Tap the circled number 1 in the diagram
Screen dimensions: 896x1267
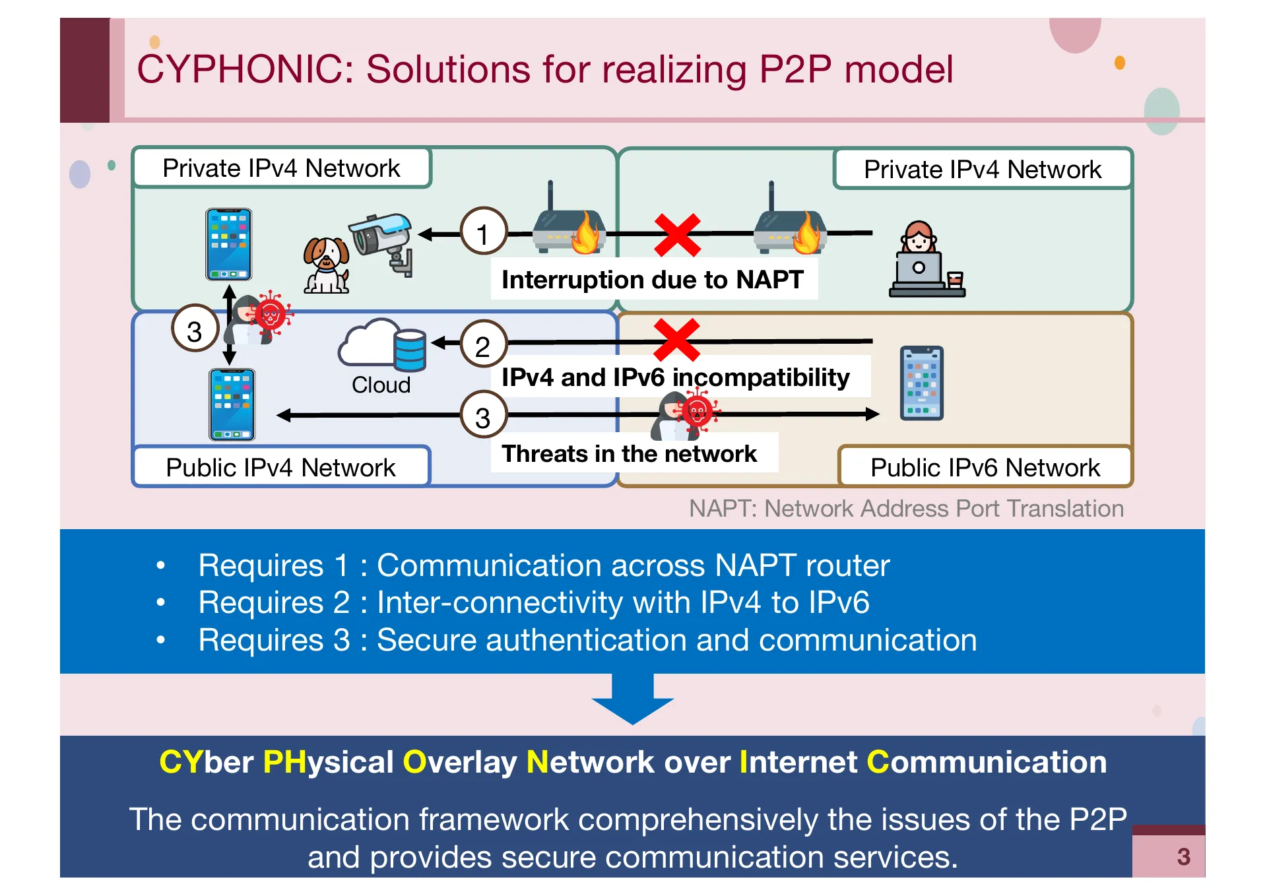tap(483, 233)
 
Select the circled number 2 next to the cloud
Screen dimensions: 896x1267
tap(483, 345)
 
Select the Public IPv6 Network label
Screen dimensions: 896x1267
tap(985, 468)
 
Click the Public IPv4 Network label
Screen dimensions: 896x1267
tap(280, 468)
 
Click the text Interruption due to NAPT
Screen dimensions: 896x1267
tap(652, 280)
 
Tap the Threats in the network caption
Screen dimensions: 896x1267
tap(629, 454)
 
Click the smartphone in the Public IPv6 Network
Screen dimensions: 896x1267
tap(921, 383)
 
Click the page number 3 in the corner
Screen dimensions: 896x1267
tap(1183, 857)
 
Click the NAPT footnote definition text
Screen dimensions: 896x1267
tap(905, 509)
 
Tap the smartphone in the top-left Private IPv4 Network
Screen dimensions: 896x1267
tap(228, 245)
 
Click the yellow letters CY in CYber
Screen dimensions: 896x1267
tap(180, 762)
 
